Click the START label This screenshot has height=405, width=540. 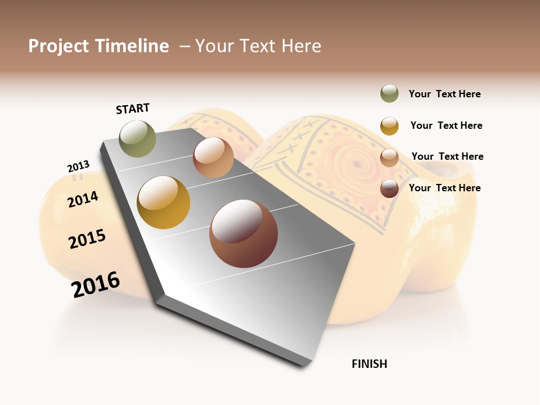133,109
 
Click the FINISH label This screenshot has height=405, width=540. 369,364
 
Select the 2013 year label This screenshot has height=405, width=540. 78,166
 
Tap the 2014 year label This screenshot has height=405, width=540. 83,199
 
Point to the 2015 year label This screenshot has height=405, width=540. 87,239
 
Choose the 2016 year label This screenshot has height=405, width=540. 96,285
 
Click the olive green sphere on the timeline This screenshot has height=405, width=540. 138,138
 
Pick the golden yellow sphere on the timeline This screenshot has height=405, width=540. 164,202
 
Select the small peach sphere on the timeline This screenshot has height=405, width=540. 213,157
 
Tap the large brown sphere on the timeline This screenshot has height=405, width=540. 244,233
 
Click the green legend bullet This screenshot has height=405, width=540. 389,94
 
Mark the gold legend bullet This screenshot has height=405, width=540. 389,126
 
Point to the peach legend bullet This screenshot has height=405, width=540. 389,157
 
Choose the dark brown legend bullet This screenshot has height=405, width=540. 389,188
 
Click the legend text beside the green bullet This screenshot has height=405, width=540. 444,94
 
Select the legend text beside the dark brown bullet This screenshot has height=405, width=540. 444,188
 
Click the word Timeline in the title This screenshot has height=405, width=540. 132,46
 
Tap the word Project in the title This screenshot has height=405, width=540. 58,46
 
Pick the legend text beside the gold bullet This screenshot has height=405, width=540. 446,125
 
